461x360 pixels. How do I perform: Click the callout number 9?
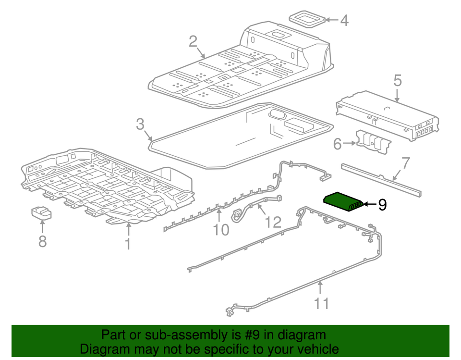(x=382, y=205)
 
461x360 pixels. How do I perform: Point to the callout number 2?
(x=193, y=42)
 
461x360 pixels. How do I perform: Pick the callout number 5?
(x=397, y=80)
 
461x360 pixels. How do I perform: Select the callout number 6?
(x=337, y=143)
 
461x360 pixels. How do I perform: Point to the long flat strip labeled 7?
(x=379, y=180)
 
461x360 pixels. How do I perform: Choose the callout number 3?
(x=140, y=125)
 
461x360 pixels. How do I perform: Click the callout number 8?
(x=42, y=241)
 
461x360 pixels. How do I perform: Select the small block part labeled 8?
(x=42, y=212)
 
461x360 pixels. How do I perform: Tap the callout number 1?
(x=128, y=244)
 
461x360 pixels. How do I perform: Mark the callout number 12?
(x=273, y=222)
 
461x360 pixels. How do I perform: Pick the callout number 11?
(x=321, y=304)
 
